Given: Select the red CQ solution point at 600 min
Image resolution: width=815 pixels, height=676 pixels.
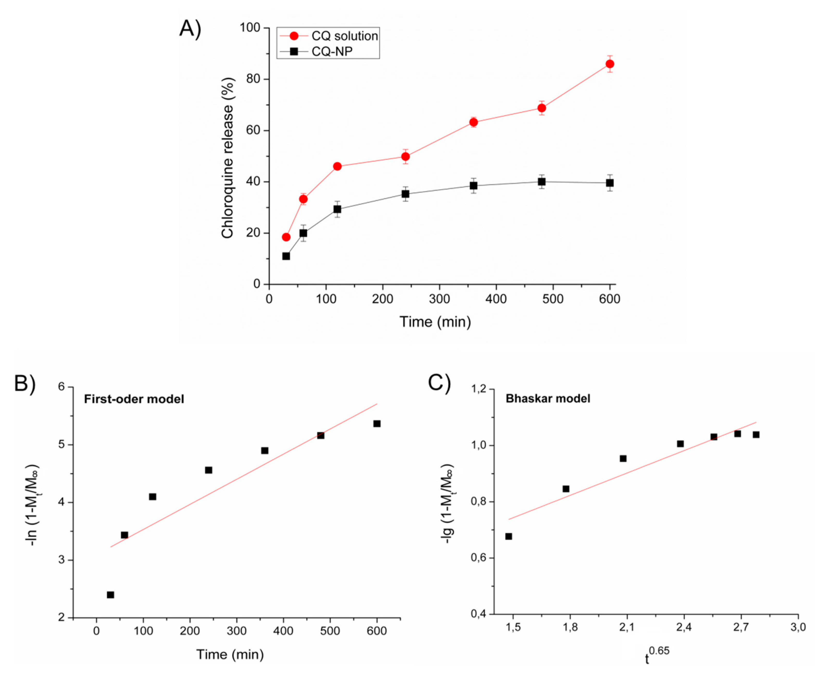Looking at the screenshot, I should coord(610,64).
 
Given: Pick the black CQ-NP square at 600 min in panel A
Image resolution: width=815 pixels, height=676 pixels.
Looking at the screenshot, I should coord(610,183).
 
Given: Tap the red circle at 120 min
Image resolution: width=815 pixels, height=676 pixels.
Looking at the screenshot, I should coord(337,166).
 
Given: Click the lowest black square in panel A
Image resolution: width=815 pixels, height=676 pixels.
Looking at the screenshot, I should coord(286,256).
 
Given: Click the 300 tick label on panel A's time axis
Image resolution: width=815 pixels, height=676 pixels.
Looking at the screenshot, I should coord(439,299).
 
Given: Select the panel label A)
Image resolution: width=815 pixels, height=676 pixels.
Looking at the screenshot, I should coord(190,29).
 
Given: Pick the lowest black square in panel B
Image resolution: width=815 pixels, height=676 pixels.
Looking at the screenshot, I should coord(110,595).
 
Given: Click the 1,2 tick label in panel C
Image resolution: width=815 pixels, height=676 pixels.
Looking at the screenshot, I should coord(478,389).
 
